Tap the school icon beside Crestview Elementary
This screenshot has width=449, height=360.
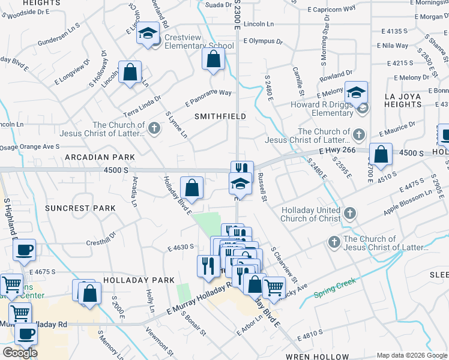coord(147,34)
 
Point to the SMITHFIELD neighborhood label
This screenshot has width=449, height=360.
coord(220,116)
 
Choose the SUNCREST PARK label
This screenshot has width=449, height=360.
coord(79,208)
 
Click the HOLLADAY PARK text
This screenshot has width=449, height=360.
coord(139,280)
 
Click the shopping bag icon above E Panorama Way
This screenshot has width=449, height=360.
coord(213,59)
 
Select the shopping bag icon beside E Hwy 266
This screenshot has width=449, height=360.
coord(381,154)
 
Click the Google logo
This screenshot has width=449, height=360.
coord(20,353)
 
